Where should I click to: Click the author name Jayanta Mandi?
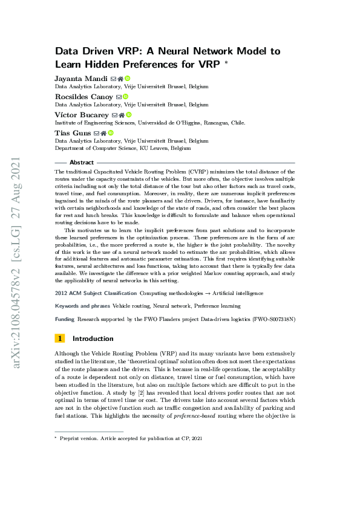[81, 79]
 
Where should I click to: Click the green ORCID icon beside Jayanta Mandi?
[128, 79]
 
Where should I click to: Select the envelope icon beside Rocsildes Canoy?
[119, 96]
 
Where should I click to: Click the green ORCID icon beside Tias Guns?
[111, 132]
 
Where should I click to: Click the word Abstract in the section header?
[82, 163]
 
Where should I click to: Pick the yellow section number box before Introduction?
[59, 339]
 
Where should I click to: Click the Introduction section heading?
[93, 339]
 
